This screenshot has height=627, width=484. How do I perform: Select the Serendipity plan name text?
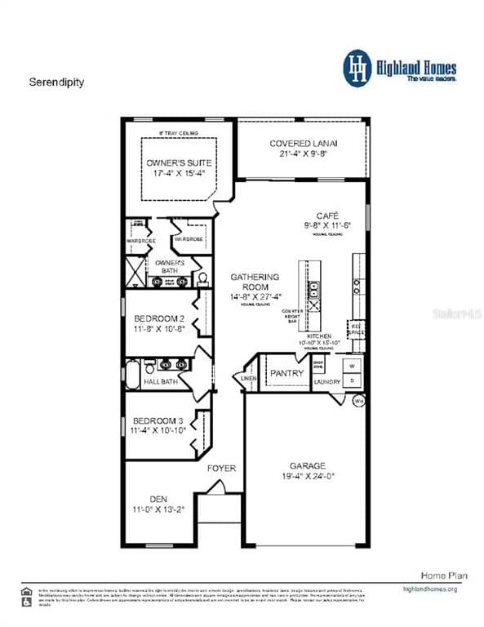tap(56, 82)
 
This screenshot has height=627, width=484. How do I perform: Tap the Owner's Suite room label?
tap(179, 162)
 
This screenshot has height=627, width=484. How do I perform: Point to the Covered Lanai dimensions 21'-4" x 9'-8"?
tap(303, 153)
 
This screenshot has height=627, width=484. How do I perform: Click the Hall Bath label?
tap(160, 380)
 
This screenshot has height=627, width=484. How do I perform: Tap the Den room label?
tap(158, 499)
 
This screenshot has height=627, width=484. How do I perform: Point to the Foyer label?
tap(221, 468)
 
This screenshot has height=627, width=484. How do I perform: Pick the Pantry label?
tap(286, 373)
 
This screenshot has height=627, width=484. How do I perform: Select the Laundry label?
tap(328, 380)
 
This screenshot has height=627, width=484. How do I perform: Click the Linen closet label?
tap(247, 378)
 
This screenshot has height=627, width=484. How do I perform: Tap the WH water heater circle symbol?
tap(357, 401)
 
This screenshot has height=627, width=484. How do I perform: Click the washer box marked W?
tap(353, 365)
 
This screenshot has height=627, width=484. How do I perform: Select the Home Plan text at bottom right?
tap(444, 576)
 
